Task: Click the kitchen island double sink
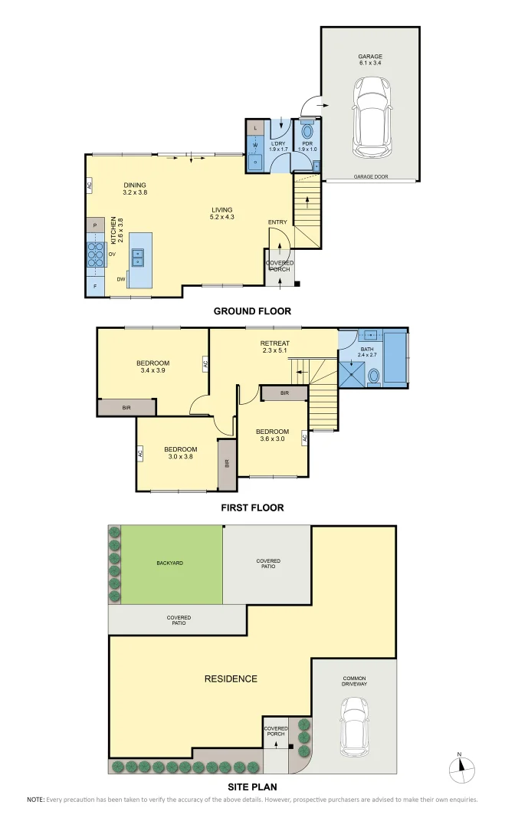(x=139, y=257)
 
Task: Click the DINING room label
(x=134, y=189)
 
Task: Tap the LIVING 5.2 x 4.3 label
(x=222, y=214)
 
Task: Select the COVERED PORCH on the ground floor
(x=279, y=267)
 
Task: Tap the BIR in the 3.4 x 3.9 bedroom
(x=126, y=407)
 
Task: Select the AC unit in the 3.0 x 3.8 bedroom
(x=140, y=453)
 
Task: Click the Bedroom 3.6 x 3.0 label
(x=272, y=435)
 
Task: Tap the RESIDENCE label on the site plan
(x=231, y=678)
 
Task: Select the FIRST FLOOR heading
(x=252, y=508)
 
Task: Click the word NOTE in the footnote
(x=35, y=800)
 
